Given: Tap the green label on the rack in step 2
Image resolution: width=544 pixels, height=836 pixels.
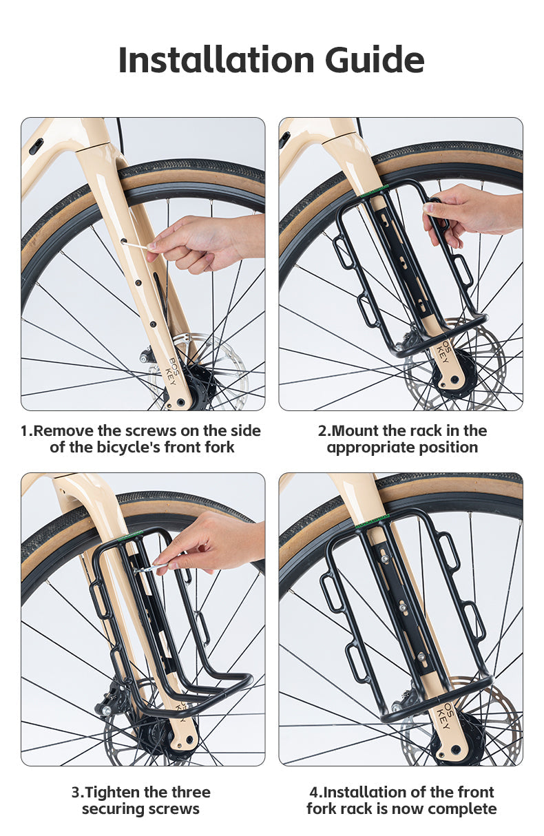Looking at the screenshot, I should coord(375,189).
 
